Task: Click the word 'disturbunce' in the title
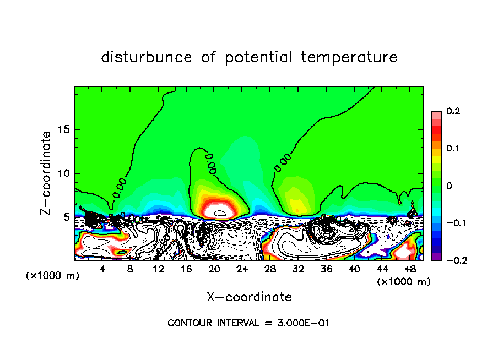147,57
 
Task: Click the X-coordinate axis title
249,297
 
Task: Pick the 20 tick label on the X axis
214,269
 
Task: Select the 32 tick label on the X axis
298,269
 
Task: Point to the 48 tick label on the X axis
410,269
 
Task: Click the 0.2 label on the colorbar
453,111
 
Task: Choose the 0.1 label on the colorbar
453,149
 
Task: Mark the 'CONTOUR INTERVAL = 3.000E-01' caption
248,323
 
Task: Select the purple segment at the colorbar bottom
437,256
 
